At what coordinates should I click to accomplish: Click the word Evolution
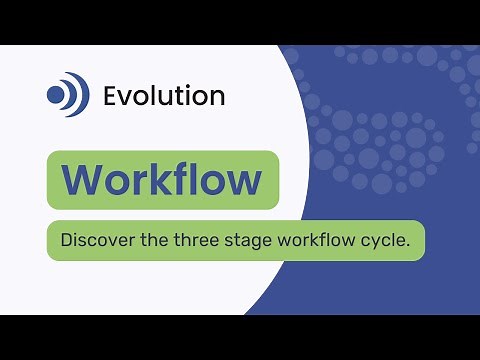pyautogui.click(x=164, y=96)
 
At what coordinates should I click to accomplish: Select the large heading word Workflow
pyautogui.click(x=162, y=180)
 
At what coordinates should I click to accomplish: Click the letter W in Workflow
pyautogui.click(x=81, y=180)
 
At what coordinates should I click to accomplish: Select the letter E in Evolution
pyautogui.click(x=110, y=96)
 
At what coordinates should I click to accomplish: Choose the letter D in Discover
pyautogui.click(x=66, y=241)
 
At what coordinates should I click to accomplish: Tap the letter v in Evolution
pyautogui.click(x=125, y=98)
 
